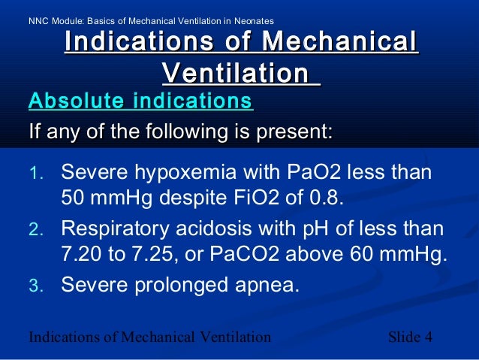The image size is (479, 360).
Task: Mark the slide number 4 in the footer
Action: [429, 337]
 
